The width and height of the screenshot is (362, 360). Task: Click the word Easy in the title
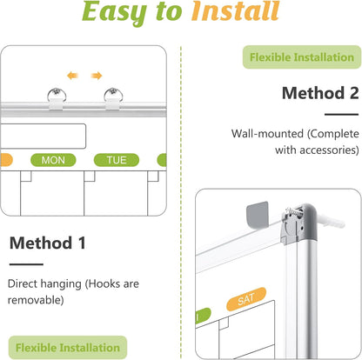pos(115,12)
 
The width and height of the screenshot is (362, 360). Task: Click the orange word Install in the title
pos(235,11)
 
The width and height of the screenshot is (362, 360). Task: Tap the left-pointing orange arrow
pos(72,76)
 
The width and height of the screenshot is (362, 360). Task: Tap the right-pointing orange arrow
pos(97,76)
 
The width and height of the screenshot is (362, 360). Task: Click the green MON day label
pos(53,160)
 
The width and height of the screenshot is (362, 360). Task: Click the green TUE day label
pos(117,160)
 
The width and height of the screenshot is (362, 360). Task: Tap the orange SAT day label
pos(246,299)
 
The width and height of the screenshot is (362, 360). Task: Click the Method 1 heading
pos(48,243)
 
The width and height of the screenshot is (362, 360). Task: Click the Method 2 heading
pos(320,93)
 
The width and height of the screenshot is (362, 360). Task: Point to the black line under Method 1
pos(26,264)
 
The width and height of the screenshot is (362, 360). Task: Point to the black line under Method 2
pos(341,115)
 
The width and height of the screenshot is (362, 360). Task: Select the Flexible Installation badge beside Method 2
pos(302,57)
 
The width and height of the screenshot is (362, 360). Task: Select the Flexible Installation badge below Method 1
pos(68,348)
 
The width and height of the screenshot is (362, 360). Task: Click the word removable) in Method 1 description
pos(36,300)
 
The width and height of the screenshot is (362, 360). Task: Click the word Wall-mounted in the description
pos(267,134)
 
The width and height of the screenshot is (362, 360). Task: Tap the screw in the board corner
pos(293,214)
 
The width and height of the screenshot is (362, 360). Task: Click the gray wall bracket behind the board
pos(257,215)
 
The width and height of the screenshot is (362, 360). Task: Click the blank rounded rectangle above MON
pos(43,137)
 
